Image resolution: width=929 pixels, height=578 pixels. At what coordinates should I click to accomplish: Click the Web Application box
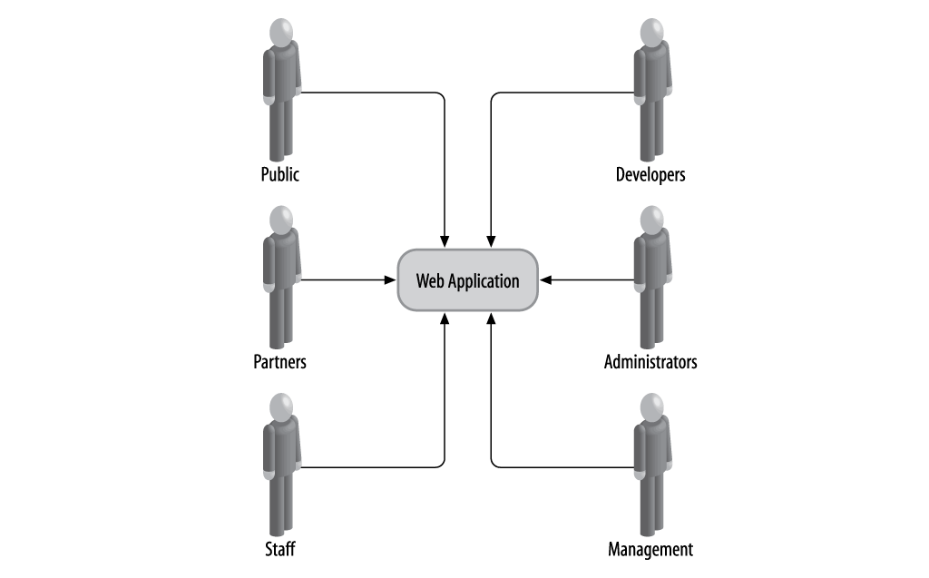468,280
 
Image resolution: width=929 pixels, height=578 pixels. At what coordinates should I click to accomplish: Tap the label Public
279,174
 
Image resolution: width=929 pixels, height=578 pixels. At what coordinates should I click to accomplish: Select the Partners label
279,362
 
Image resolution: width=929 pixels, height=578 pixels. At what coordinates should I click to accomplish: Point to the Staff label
279,549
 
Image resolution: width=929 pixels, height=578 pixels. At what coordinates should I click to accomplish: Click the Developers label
650,174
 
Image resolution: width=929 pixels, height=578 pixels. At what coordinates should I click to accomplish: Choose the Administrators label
650,362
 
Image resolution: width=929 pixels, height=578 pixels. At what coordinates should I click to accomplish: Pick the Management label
650,549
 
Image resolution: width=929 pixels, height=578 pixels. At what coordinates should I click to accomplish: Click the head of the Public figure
282,33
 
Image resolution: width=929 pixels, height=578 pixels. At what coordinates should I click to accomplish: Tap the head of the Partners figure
282,220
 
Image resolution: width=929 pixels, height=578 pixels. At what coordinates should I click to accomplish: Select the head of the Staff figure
282,407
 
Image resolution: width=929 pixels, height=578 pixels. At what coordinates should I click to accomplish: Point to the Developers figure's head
651,33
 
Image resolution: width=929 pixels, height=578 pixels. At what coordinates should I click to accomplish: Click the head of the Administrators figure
651,220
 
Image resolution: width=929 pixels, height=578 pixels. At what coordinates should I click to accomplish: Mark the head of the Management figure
651,407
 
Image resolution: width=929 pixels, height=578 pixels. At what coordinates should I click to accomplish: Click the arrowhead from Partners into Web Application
391,280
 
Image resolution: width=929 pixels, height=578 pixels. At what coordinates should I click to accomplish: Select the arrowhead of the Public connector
445,240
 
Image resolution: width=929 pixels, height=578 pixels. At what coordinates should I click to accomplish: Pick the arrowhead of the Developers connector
491,240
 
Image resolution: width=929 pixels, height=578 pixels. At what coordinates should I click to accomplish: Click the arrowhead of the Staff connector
445,318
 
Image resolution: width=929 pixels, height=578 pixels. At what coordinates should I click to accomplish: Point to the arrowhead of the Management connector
491,318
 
